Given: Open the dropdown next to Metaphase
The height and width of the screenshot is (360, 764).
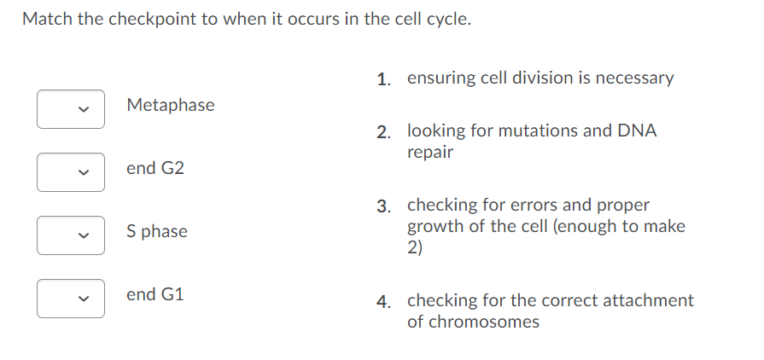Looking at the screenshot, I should pos(71,109).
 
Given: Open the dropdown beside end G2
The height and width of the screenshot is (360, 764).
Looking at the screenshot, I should pos(71,172).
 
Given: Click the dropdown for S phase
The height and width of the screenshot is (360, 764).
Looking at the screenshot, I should pos(71,235).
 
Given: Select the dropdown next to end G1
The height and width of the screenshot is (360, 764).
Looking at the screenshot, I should pos(71,299).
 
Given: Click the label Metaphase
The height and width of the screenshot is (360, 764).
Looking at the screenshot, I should pos(170,105).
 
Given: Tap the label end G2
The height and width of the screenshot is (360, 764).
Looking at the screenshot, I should pos(155,168).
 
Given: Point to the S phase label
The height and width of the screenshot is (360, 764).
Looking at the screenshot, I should pos(156,231).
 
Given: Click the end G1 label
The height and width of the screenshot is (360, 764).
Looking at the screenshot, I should pos(155,294).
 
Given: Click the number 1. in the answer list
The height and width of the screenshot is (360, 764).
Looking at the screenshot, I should pos(384,79).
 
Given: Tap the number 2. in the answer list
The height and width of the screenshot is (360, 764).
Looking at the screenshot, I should pos(384,132).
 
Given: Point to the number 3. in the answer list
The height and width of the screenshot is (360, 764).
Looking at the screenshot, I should pos(384,206).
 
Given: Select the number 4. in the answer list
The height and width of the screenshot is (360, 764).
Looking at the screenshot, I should pos(384,301).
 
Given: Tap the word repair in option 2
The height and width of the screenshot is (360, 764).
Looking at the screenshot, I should pos(429,154).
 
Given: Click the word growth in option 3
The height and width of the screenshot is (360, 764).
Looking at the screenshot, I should pos(432,227).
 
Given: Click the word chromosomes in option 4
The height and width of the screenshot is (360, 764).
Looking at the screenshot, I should pos(483,322).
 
